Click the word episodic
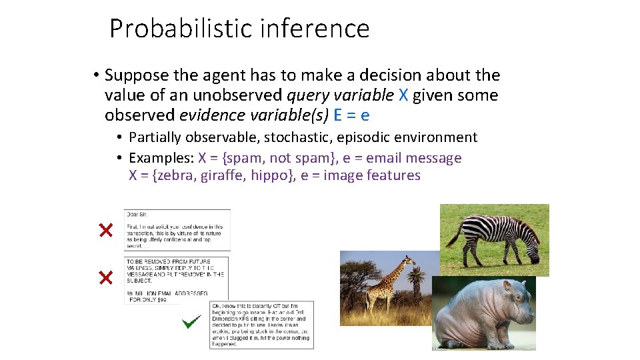[369, 137]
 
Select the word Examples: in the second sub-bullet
[161, 158]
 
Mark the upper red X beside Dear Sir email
[105, 231]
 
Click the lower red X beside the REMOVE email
[105, 277]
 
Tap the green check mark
[191, 323]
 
